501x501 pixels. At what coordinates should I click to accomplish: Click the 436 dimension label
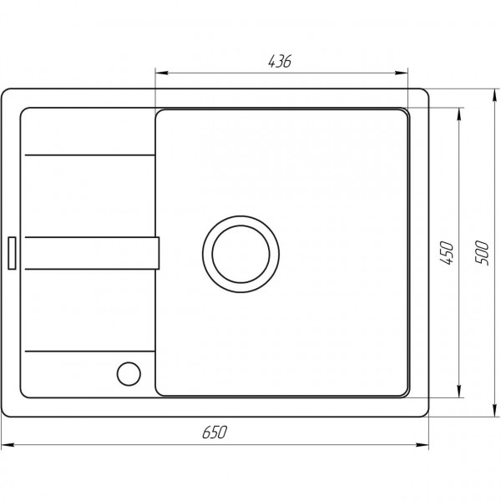pos(280,61)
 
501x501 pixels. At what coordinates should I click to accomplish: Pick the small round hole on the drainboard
pos(129,372)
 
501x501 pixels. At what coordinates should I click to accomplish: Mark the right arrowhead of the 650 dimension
pos(425,443)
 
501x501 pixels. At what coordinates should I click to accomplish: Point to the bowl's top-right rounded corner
pos(404,115)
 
